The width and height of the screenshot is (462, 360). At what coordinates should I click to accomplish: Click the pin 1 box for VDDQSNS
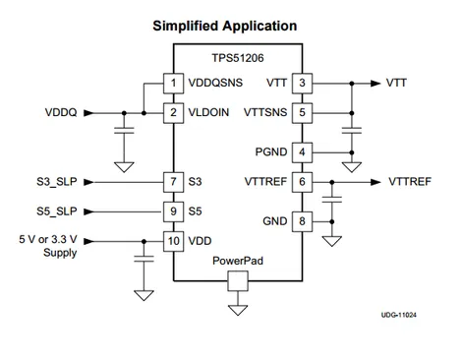pyautogui.click(x=173, y=84)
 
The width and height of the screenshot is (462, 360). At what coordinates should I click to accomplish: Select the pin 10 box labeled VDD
pyautogui.click(x=173, y=241)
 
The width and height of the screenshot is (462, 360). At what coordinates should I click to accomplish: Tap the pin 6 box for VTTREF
pyautogui.click(x=302, y=182)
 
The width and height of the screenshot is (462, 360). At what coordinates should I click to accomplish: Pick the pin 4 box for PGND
pyautogui.click(x=302, y=152)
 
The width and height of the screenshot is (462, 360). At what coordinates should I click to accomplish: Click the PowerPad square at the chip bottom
pyautogui.click(x=238, y=281)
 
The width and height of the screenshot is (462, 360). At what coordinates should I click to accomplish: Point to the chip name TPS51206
pyautogui.click(x=238, y=58)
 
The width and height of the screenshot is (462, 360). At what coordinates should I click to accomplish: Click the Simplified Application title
pyautogui.click(x=225, y=26)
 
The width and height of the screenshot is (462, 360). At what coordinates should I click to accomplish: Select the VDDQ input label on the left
pyautogui.click(x=61, y=112)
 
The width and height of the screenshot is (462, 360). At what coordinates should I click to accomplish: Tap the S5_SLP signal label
pyautogui.click(x=57, y=211)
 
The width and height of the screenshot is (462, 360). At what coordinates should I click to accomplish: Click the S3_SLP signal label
pyautogui.click(x=57, y=182)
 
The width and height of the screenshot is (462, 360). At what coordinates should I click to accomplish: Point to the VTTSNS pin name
pyautogui.click(x=265, y=112)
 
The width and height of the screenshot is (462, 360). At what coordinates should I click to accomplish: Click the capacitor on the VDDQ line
pyautogui.click(x=124, y=131)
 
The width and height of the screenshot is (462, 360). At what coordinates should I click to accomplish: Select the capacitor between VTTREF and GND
pyautogui.click(x=332, y=200)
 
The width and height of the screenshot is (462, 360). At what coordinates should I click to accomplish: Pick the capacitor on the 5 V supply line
pyautogui.click(x=144, y=259)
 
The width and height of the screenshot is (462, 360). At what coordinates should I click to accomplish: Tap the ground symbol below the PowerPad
pyautogui.click(x=238, y=310)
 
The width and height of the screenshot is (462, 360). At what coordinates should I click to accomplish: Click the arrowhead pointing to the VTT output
pyautogui.click(x=375, y=84)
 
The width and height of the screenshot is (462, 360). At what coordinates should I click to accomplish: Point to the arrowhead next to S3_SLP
pyautogui.click(x=88, y=182)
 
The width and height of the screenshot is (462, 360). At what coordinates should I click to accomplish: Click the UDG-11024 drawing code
pyautogui.click(x=399, y=315)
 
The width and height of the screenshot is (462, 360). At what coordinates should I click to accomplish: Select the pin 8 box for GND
pyautogui.click(x=302, y=221)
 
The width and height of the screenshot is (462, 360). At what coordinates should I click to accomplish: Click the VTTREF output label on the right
pyautogui.click(x=410, y=182)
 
